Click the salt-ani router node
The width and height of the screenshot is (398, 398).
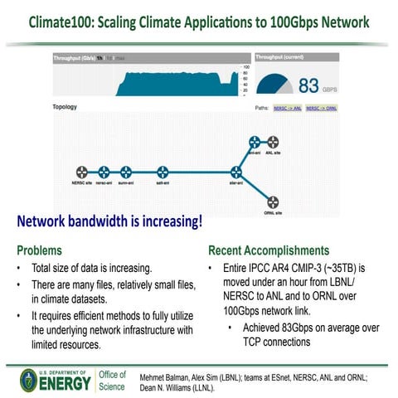(x=163, y=171)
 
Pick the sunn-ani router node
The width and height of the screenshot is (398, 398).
(x=126, y=171)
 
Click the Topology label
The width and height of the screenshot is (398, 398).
(x=66, y=107)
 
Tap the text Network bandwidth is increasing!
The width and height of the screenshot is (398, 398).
(x=109, y=223)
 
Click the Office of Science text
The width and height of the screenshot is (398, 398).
(x=112, y=381)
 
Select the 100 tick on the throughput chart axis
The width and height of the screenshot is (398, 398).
(x=245, y=66)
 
